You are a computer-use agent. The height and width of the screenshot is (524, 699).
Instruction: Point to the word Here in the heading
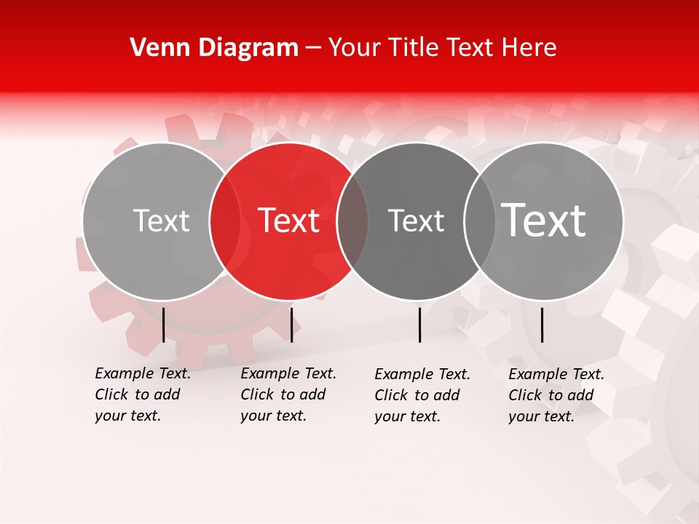pos(531,48)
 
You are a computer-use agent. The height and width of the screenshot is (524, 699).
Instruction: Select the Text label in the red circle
pos(288,221)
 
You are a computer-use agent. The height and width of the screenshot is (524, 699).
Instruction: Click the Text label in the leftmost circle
pos(161,221)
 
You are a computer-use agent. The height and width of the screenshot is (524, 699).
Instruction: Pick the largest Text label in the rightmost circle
pos(543,220)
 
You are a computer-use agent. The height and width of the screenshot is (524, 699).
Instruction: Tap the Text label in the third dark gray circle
pos(416,221)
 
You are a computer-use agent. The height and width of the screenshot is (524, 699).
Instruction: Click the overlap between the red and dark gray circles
pos(352,221)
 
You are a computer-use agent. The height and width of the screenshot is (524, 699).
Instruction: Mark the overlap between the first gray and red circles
pos(225,221)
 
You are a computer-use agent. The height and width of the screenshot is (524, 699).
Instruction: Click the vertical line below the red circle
pos(291,325)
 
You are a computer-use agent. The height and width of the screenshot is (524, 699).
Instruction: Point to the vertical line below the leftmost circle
pos(163,325)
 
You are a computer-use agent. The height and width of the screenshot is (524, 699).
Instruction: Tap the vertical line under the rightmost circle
pos(542,325)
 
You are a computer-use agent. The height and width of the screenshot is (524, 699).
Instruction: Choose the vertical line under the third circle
pos(420,325)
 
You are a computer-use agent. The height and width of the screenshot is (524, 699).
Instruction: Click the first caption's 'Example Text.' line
pos(143,373)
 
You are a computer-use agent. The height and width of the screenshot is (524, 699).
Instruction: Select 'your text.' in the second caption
pos(273,416)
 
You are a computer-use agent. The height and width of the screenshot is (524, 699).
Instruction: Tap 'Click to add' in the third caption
pos(416,395)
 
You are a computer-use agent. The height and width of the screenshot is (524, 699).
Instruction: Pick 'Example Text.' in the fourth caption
pos(556,374)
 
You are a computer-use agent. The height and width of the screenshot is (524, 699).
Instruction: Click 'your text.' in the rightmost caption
pos(541,416)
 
